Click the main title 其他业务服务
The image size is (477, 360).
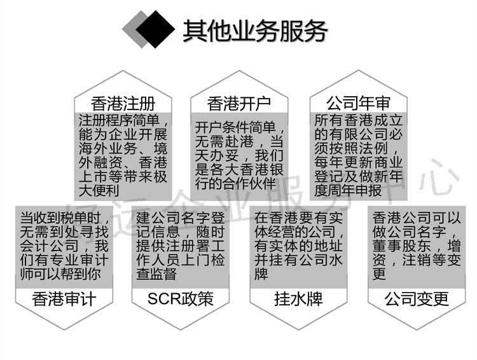click(x=254, y=30)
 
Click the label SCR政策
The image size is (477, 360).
click(x=180, y=298)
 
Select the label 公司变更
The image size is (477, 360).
click(x=417, y=298)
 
